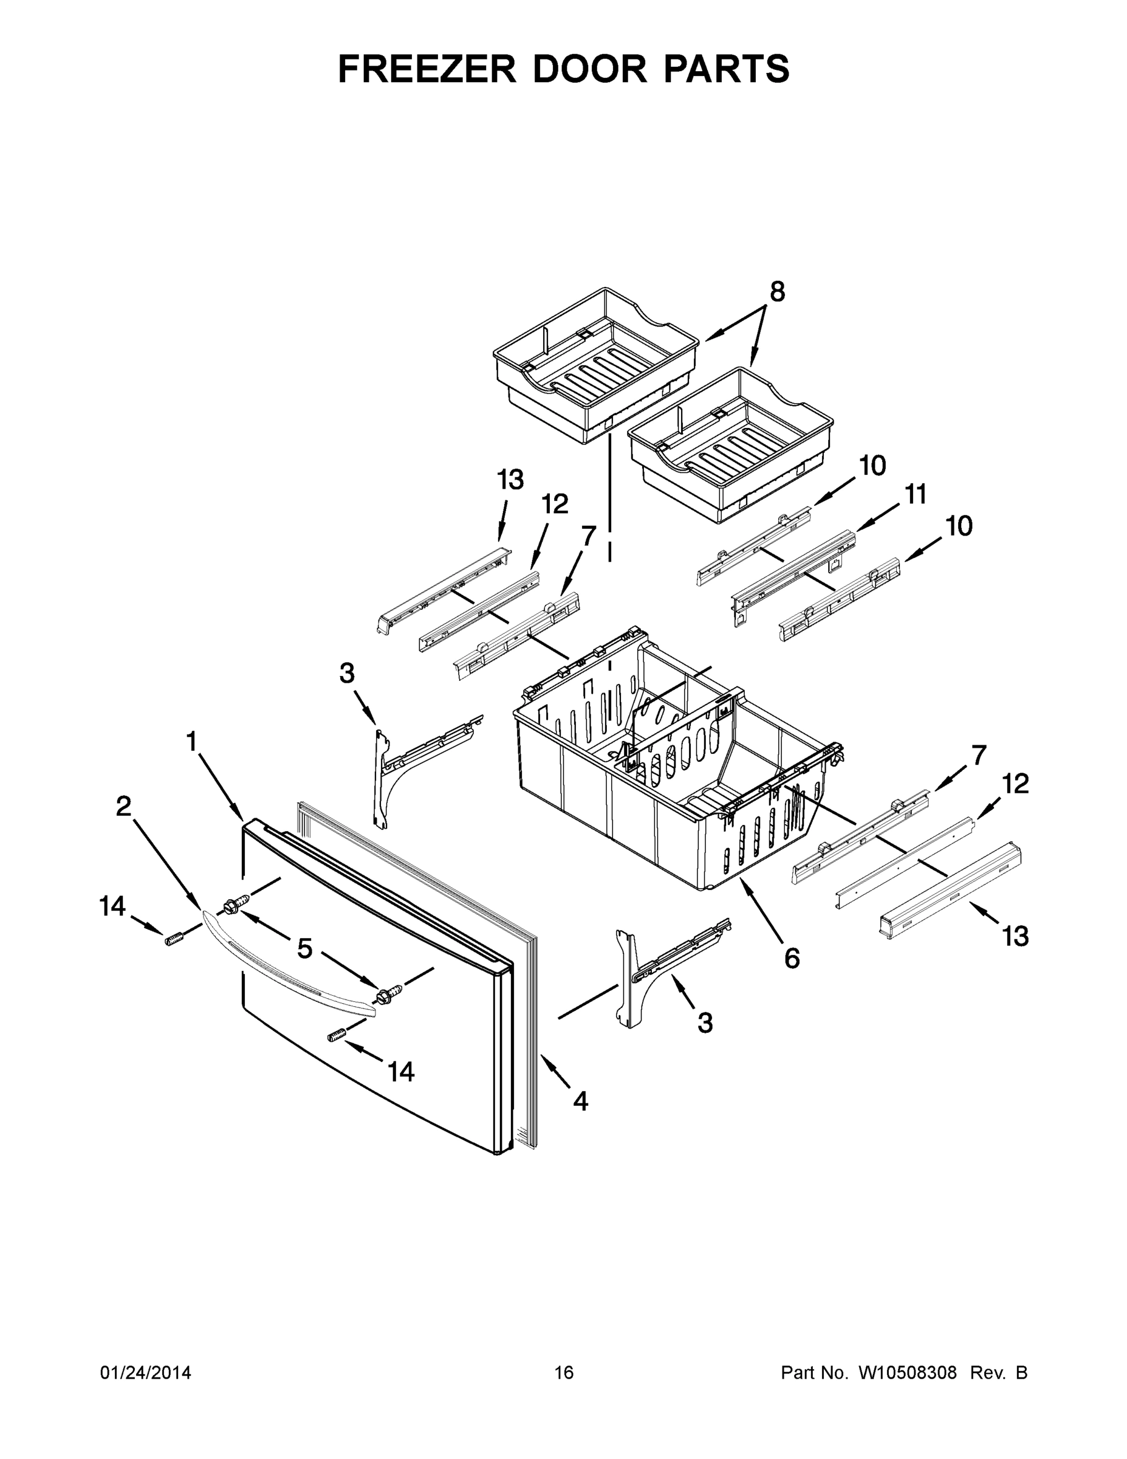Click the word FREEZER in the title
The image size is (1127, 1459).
pos(427,69)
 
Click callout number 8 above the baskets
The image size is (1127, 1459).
pos(777,292)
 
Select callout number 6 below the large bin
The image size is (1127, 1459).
pos(792,959)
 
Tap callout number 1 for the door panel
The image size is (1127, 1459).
pos(191,742)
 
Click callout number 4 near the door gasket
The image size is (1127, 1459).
pos(580,1101)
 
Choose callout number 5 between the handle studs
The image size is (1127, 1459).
pos(304,948)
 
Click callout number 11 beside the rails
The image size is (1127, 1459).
pos(916,495)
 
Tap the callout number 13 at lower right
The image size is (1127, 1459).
pos(1015,937)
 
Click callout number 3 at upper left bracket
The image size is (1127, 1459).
pos(346,674)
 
